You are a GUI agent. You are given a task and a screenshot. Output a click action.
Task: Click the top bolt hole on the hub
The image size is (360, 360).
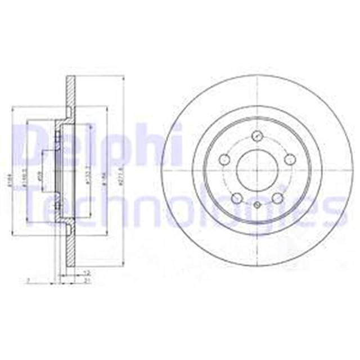click(x=258, y=136)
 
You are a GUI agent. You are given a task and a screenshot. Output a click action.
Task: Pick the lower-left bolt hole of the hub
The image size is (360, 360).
click(x=237, y=197)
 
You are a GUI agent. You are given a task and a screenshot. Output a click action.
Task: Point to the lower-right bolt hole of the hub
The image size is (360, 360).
click(x=277, y=198)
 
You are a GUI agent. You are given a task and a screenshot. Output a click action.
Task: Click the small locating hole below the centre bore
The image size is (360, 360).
click(x=257, y=205)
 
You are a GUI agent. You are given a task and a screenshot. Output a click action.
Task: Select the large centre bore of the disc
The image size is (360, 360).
click(x=257, y=170)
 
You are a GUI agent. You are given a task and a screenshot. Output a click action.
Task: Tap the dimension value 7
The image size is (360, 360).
click(x=28, y=280)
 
